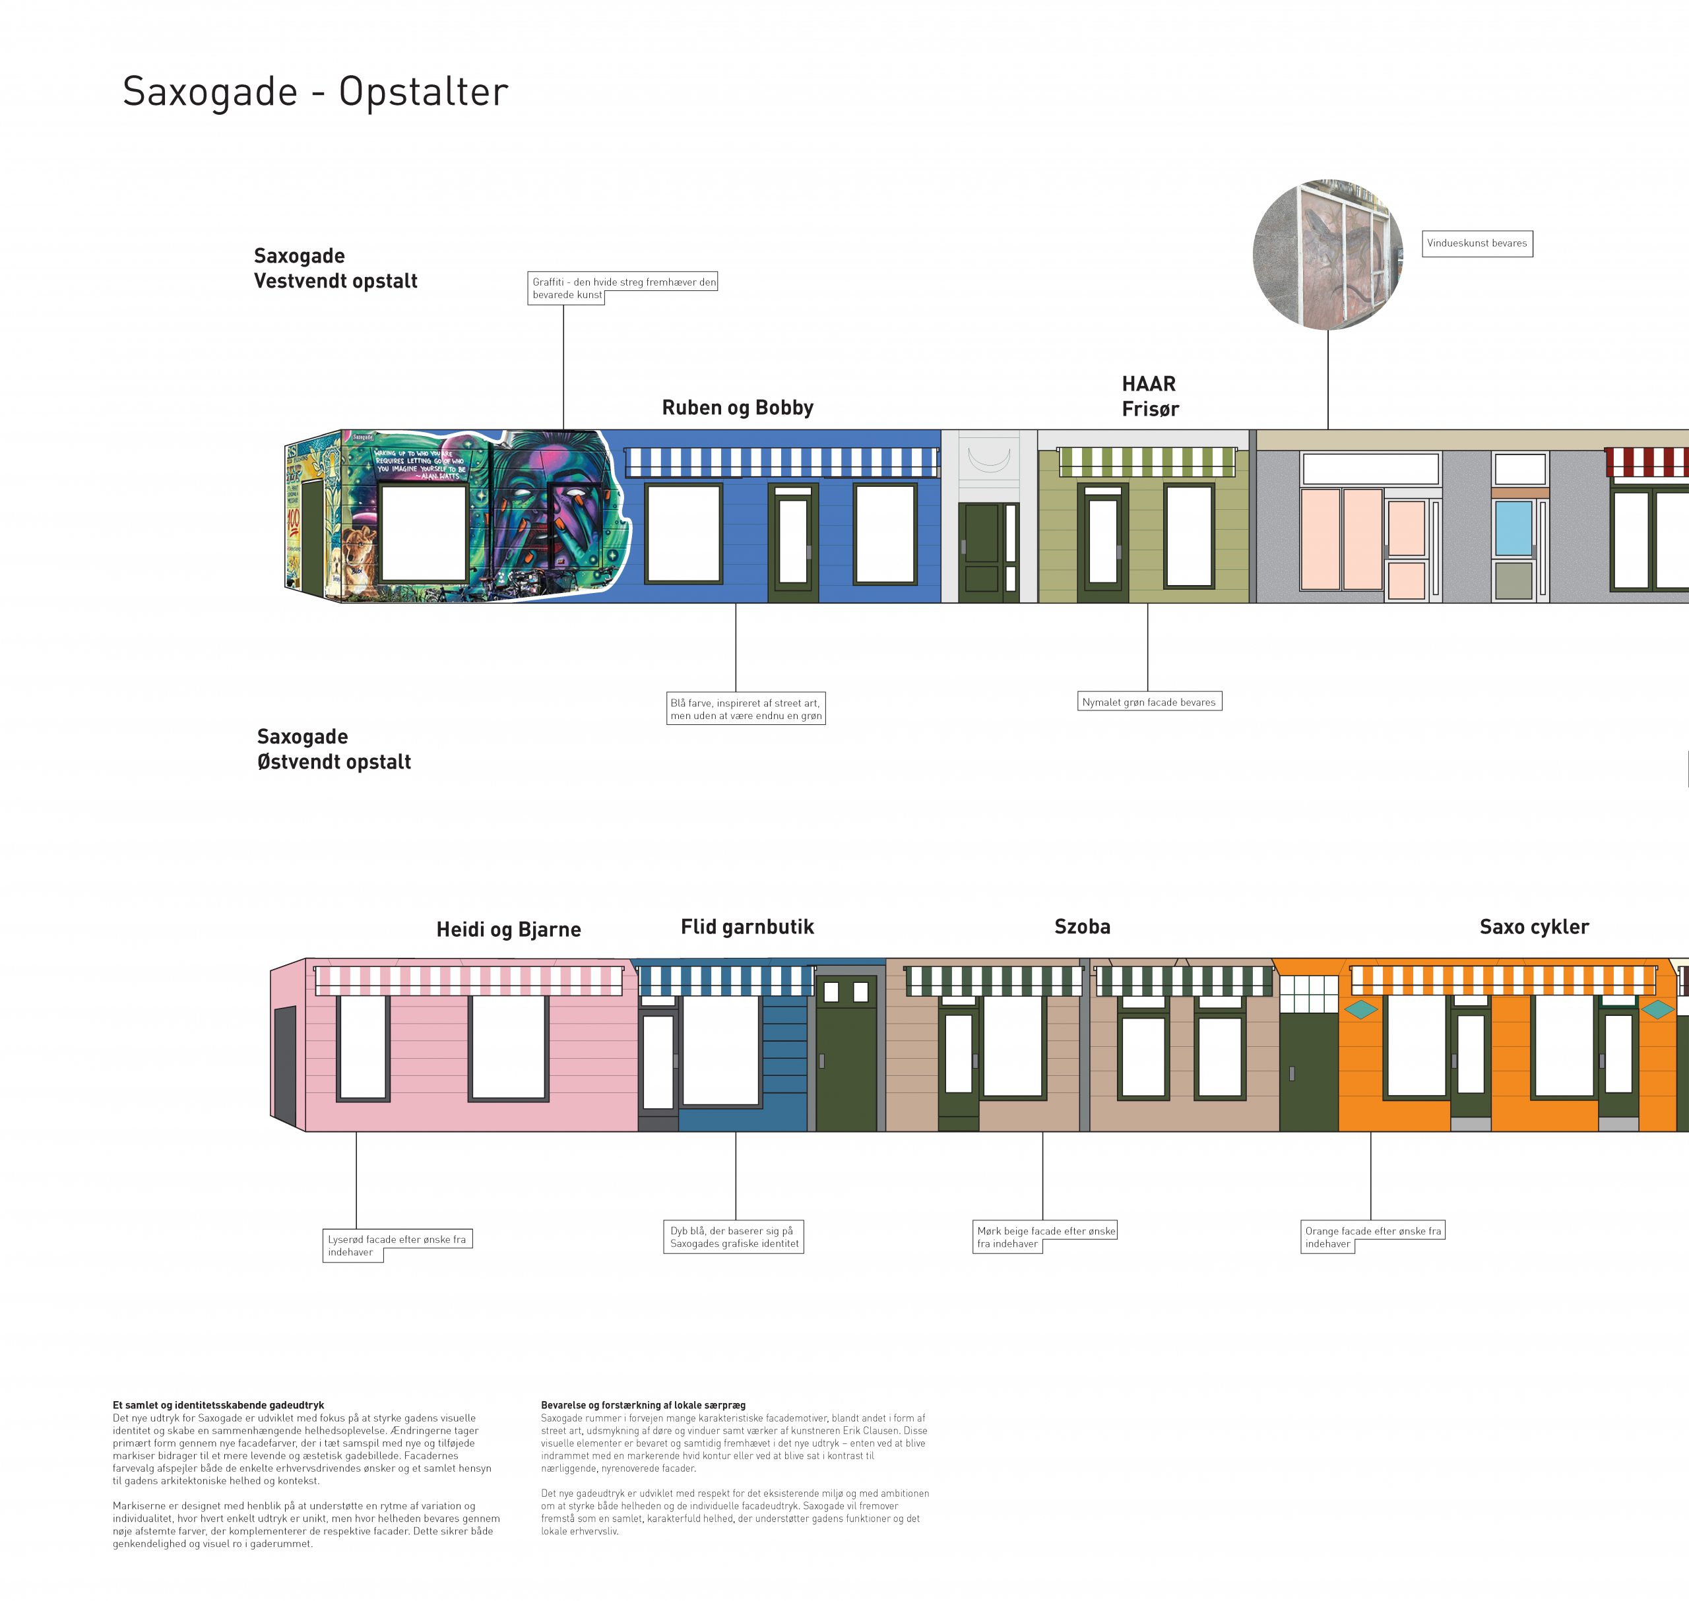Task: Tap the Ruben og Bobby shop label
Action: [738, 408]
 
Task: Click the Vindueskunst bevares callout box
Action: [1477, 243]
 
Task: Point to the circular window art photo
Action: [1327, 255]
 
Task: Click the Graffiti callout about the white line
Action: [623, 288]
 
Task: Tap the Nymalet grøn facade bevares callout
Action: [1149, 701]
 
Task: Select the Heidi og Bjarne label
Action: [509, 929]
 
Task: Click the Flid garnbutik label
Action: [747, 927]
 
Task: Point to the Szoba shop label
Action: [1082, 927]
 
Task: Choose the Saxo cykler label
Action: [1534, 927]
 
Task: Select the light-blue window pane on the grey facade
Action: [1514, 529]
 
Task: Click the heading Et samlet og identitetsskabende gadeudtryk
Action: [218, 1404]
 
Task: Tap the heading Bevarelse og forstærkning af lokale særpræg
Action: [643, 1404]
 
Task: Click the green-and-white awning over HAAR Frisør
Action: [1147, 462]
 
